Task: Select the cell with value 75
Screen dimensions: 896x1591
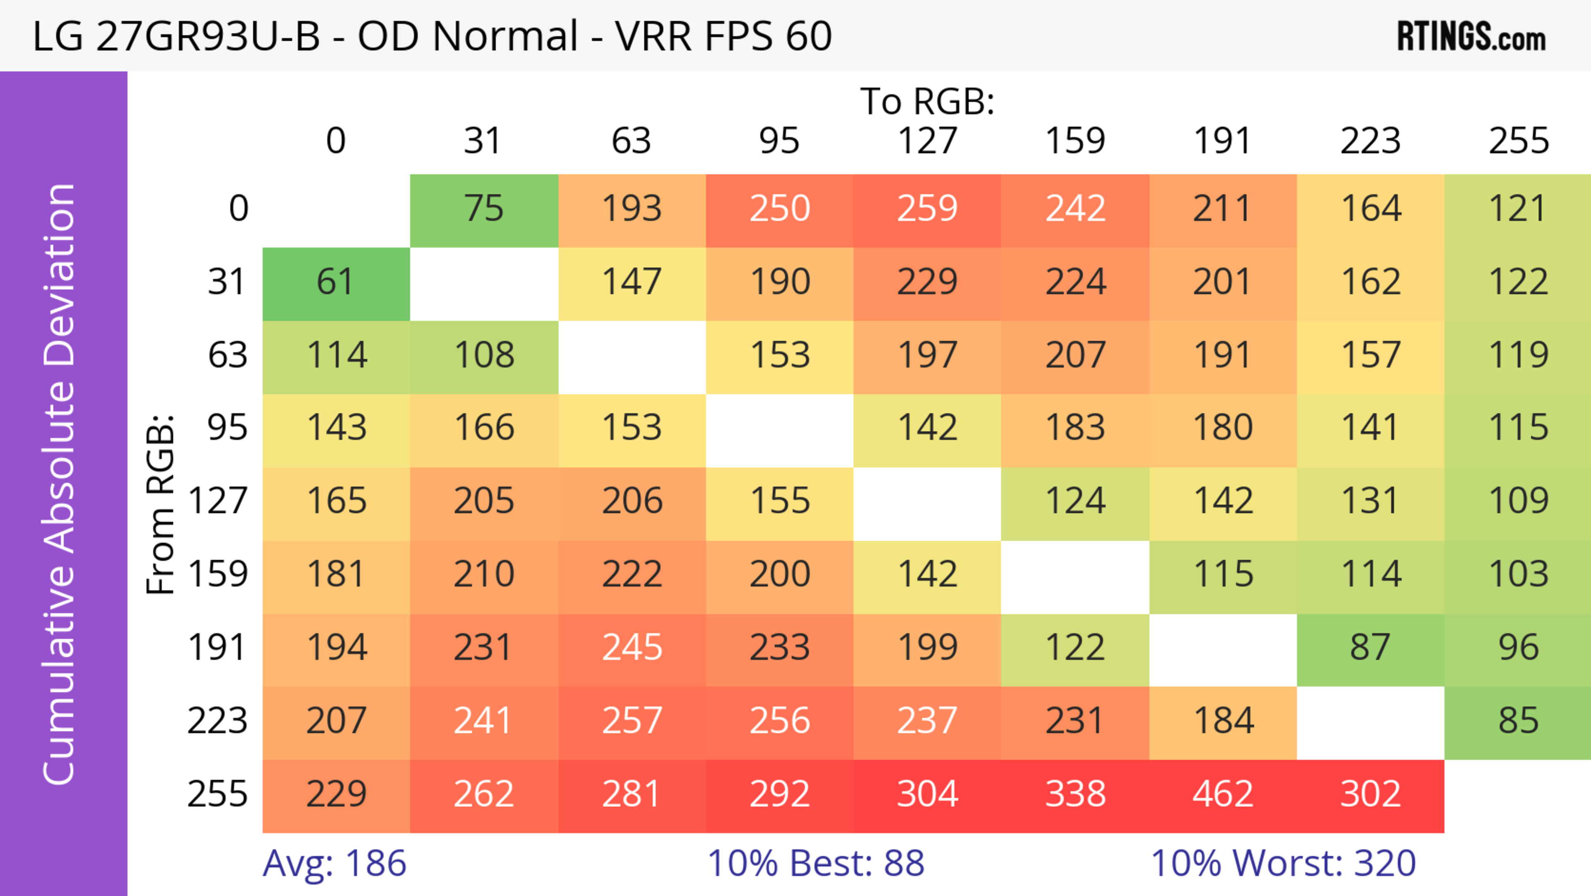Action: point(484,209)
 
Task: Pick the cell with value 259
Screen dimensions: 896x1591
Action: point(927,209)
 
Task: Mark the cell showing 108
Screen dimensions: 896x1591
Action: point(484,356)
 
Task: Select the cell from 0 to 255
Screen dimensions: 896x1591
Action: point(1518,209)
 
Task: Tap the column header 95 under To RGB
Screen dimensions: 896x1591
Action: point(779,141)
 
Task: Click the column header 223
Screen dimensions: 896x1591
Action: point(1371,141)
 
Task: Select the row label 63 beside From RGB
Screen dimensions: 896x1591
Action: point(227,356)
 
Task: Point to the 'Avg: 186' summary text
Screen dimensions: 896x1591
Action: point(335,863)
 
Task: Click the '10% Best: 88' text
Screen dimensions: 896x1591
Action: point(816,863)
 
